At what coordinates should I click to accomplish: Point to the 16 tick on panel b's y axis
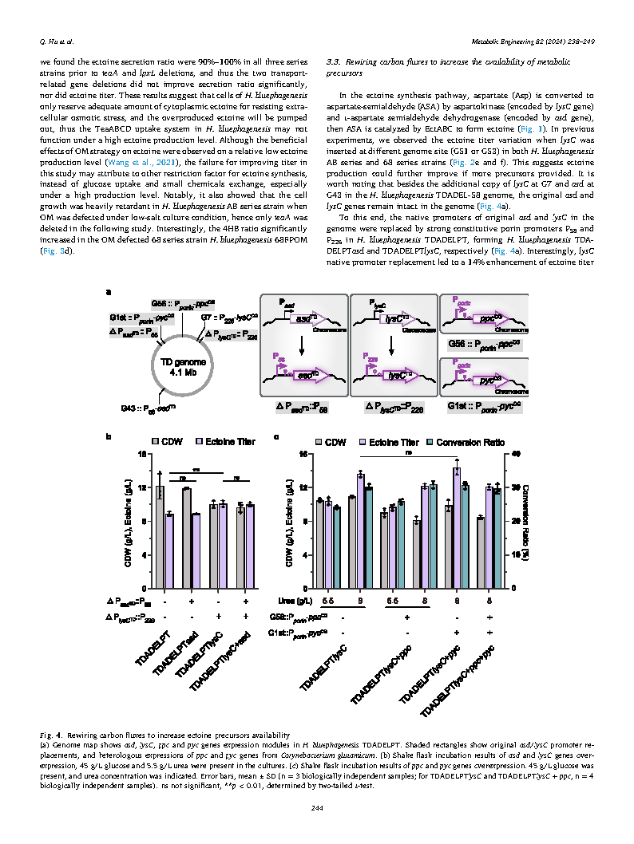pos(142,455)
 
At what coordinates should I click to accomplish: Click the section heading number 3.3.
pos(335,61)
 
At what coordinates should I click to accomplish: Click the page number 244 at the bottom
pos(317,809)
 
